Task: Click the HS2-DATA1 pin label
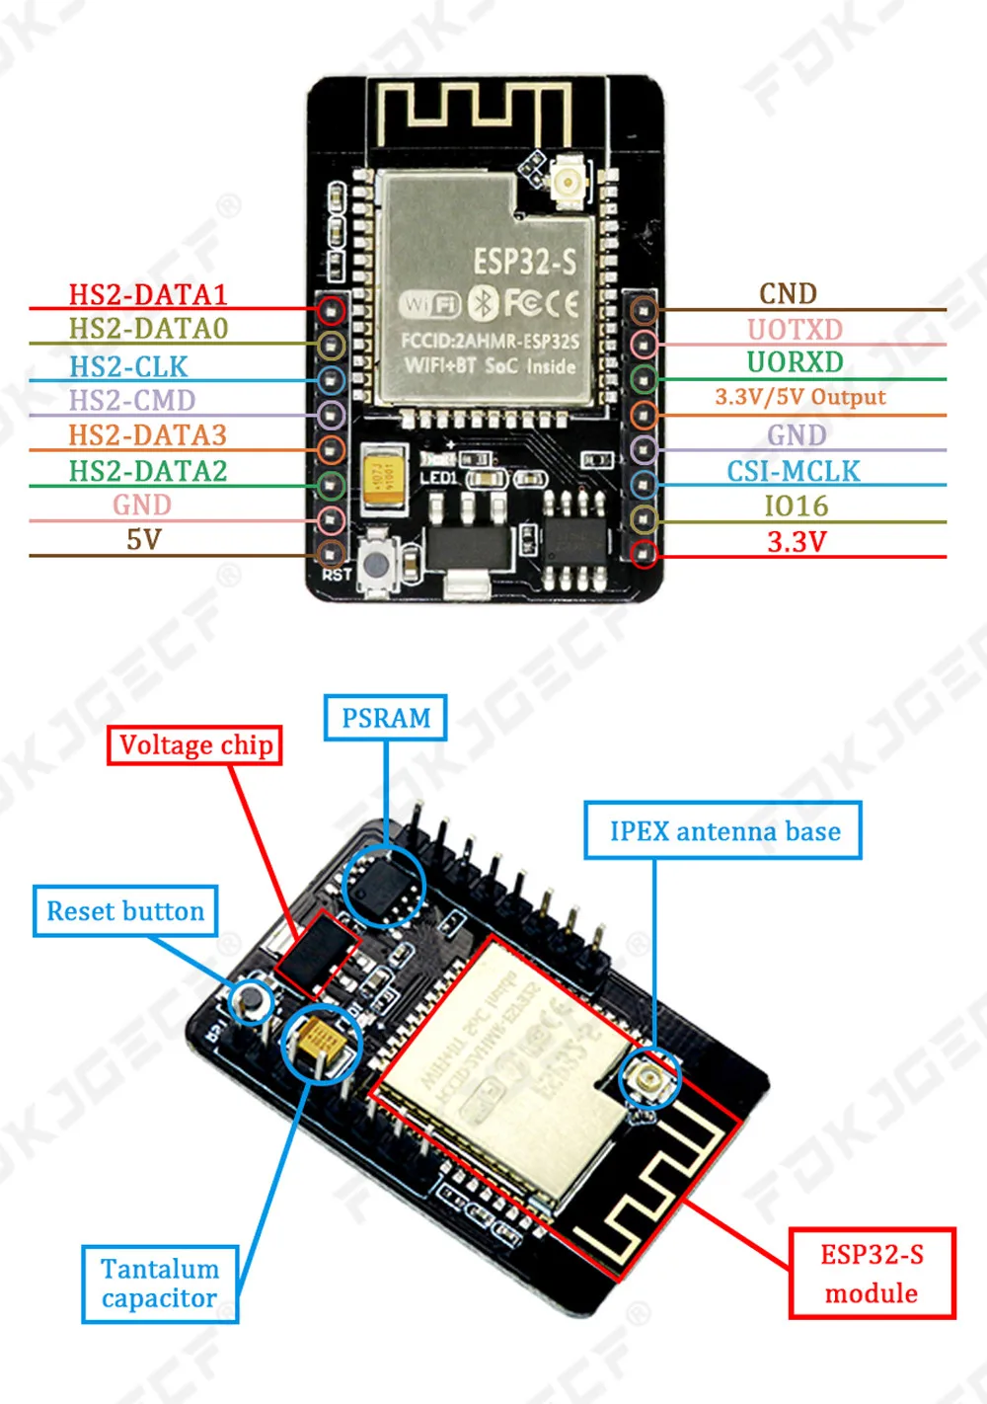pos(148,294)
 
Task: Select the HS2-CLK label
pos(128,366)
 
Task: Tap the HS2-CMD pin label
pos(132,400)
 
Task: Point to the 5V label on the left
pos(143,540)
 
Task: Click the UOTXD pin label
pos(795,329)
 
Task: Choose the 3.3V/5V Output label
pos(800,397)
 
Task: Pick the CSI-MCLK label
pos(794,471)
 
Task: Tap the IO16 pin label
pos(797,506)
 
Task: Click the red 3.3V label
pos(797,541)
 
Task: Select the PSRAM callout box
pos(386,718)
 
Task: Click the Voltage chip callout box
pos(195,745)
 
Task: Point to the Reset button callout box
pos(125,911)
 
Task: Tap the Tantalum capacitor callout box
pos(160,1284)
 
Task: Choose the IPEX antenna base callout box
pos(723,831)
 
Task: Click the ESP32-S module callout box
pos(872,1274)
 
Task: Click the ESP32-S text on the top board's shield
pos(524,262)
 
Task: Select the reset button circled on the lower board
pos(251,1000)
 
